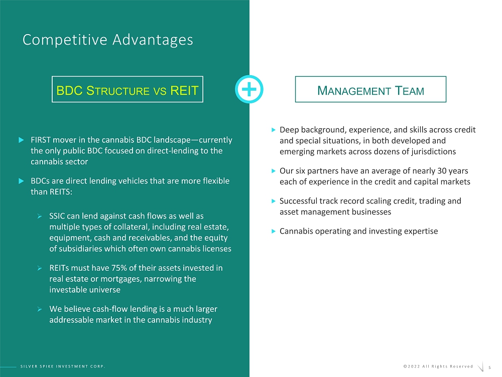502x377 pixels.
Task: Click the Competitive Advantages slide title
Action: coord(107,40)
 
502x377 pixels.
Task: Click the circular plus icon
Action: coord(249,89)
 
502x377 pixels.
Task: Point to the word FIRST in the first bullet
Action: coord(40,140)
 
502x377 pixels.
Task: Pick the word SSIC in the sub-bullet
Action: coord(57,216)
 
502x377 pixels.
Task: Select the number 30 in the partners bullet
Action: coord(442,171)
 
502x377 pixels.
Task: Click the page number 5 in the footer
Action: coord(489,368)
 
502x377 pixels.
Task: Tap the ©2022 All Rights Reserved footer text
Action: coord(438,366)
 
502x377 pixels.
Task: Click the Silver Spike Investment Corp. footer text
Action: coord(63,366)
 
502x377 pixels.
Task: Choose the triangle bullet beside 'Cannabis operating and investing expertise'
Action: coord(274,231)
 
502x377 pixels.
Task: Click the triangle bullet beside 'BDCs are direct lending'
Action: coord(21,181)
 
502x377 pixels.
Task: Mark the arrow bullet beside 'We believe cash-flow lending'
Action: coord(39,309)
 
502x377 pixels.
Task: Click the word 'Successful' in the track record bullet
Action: coord(299,201)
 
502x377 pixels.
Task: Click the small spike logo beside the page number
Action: coord(481,367)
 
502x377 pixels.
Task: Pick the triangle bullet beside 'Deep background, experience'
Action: coord(274,130)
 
